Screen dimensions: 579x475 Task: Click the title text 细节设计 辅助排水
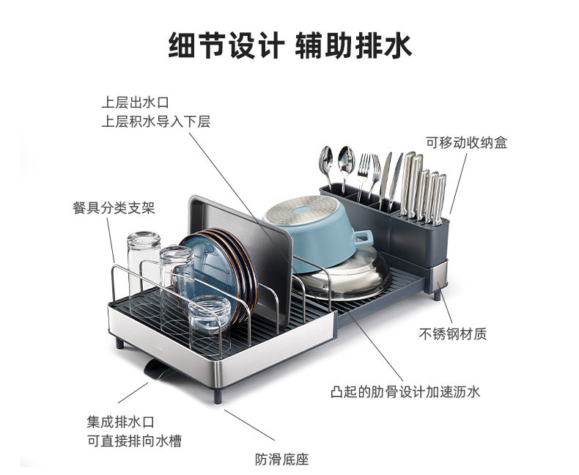tap(289, 45)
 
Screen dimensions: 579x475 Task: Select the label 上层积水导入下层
tap(155, 122)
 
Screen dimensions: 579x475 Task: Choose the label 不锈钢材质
tap(452, 334)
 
